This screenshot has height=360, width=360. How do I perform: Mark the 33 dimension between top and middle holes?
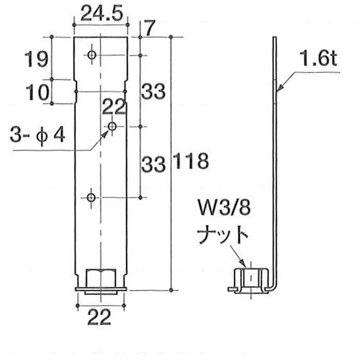click(153, 91)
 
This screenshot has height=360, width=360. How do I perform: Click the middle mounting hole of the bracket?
click(112, 126)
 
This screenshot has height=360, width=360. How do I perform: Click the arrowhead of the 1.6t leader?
click(277, 89)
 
